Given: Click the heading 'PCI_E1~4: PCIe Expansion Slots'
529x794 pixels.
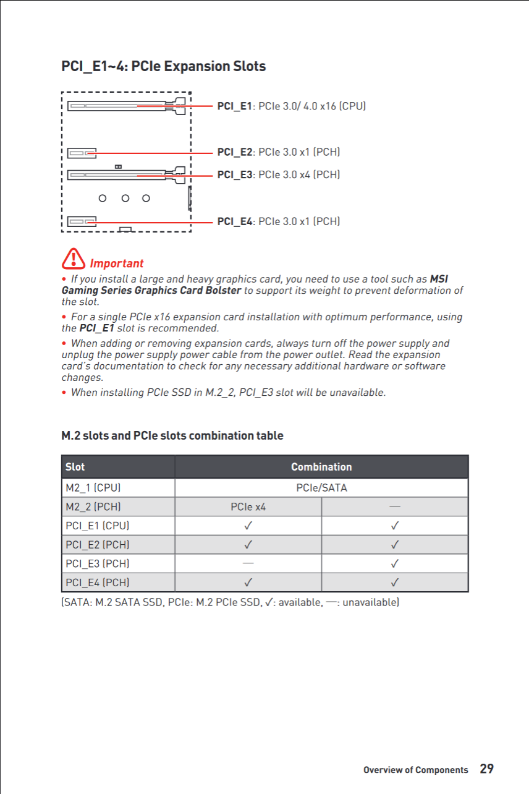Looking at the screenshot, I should tap(163, 66).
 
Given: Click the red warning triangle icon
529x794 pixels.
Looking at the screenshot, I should tap(73, 257).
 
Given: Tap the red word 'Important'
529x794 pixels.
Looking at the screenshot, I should tap(116, 263).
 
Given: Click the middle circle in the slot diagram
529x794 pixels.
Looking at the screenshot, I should tap(125, 198).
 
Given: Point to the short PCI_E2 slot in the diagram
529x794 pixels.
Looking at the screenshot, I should tap(82, 153).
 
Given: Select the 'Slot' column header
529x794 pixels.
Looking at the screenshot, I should tap(75, 467).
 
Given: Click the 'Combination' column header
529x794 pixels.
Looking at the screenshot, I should tap(321, 467).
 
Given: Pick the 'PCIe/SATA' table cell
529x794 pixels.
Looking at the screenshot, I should tap(321, 488).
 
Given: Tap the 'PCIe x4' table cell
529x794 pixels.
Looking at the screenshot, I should tap(248, 507).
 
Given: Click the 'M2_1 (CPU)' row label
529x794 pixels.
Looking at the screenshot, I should tap(93, 488).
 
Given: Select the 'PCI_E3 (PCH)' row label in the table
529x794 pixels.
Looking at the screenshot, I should tap(98, 563).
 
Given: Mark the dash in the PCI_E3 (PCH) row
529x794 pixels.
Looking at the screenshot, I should tap(248, 563).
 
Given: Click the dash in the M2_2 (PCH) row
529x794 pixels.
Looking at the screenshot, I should tap(394, 506).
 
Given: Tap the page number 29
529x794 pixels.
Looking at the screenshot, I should tap(486, 769).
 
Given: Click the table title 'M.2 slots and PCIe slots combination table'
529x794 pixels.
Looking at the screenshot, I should tap(172, 435).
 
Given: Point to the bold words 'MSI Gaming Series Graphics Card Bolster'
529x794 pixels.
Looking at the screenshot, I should tap(151, 291).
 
